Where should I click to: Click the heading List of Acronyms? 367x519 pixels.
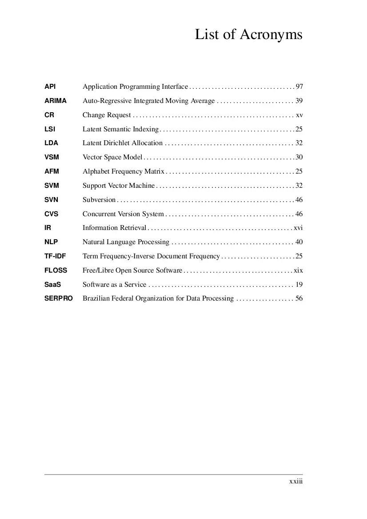[x=248, y=35]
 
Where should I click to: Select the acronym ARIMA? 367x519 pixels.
[x=56, y=101]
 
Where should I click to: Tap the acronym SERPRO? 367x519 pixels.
[x=59, y=298]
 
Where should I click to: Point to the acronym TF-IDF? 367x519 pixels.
[x=55, y=256]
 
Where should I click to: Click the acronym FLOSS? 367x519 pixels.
[x=56, y=270]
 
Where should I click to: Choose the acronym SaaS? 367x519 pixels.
[x=52, y=284]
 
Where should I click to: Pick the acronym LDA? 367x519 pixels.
[x=51, y=143]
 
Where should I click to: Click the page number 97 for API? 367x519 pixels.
[x=299, y=87]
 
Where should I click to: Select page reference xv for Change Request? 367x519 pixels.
[x=299, y=115]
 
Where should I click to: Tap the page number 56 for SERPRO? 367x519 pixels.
[x=299, y=298]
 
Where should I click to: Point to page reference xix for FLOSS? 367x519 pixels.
[x=298, y=270]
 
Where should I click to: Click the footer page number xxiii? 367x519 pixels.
[x=296, y=481]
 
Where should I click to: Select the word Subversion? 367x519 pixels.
[x=99, y=200]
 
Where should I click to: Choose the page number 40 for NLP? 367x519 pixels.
[x=299, y=242]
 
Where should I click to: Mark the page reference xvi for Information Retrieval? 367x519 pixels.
[x=298, y=228]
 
